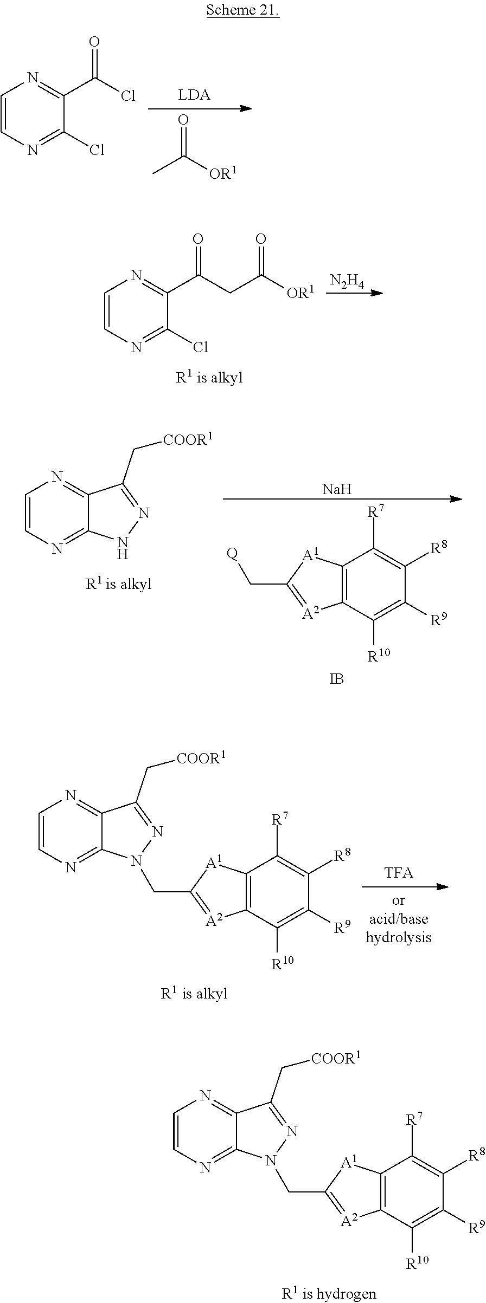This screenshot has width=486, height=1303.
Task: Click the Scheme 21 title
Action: (x=242, y=10)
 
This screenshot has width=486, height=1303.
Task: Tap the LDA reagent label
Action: (x=194, y=95)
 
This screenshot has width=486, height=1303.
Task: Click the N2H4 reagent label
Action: (x=347, y=281)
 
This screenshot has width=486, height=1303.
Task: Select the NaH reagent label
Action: (x=337, y=490)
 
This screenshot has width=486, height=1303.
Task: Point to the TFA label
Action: (x=399, y=873)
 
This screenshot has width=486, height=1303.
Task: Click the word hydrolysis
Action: (x=399, y=937)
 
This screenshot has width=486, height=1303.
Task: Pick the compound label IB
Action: (x=336, y=679)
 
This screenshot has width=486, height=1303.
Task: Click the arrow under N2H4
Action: (x=354, y=293)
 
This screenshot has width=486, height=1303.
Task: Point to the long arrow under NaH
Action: (x=342, y=499)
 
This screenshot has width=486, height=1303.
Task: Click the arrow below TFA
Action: (x=405, y=887)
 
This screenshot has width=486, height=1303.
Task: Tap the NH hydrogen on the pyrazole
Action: (x=124, y=554)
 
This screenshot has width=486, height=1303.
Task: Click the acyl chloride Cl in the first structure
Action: (x=128, y=96)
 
